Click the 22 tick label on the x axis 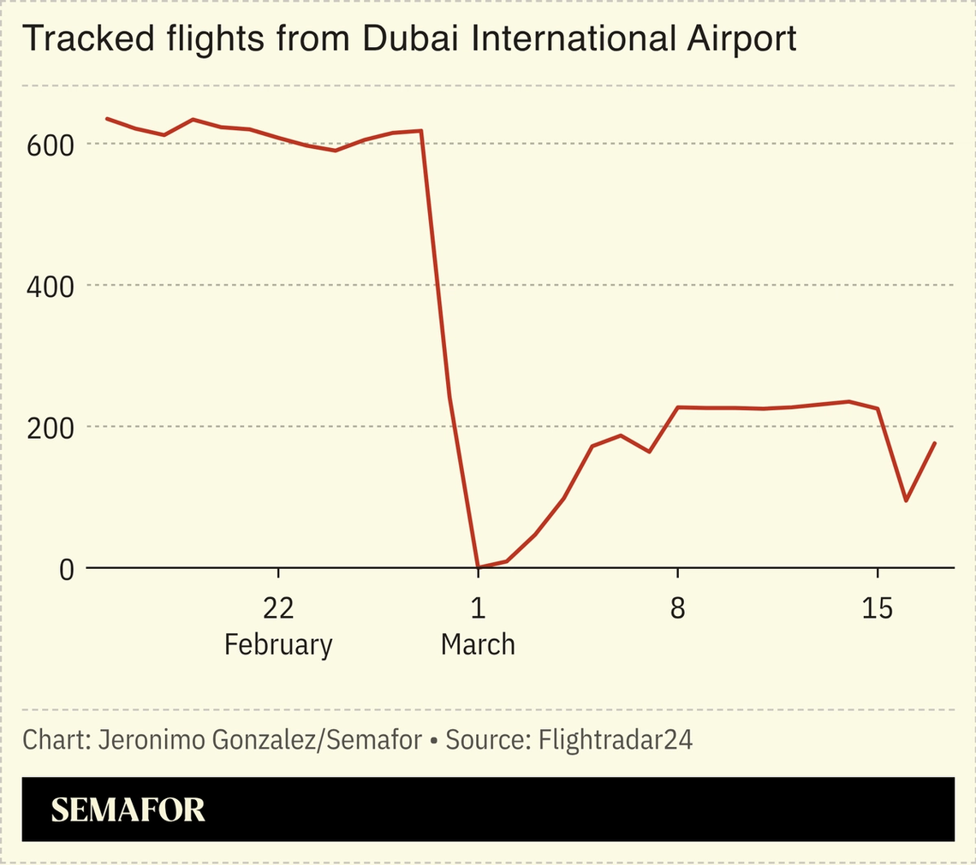coord(278,609)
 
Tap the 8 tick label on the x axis coord(677,609)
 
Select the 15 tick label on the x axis coord(877,609)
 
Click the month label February coord(278,644)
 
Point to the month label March coord(478,644)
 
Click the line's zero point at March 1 coord(478,566)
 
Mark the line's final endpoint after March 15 coord(935,443)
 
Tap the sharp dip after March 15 coord(906,501)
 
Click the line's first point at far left coord(107,118)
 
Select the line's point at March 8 coord(677,407)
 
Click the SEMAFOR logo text coord(128,809)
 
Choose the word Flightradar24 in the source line coord(615,740)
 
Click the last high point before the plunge coord(421,131)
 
